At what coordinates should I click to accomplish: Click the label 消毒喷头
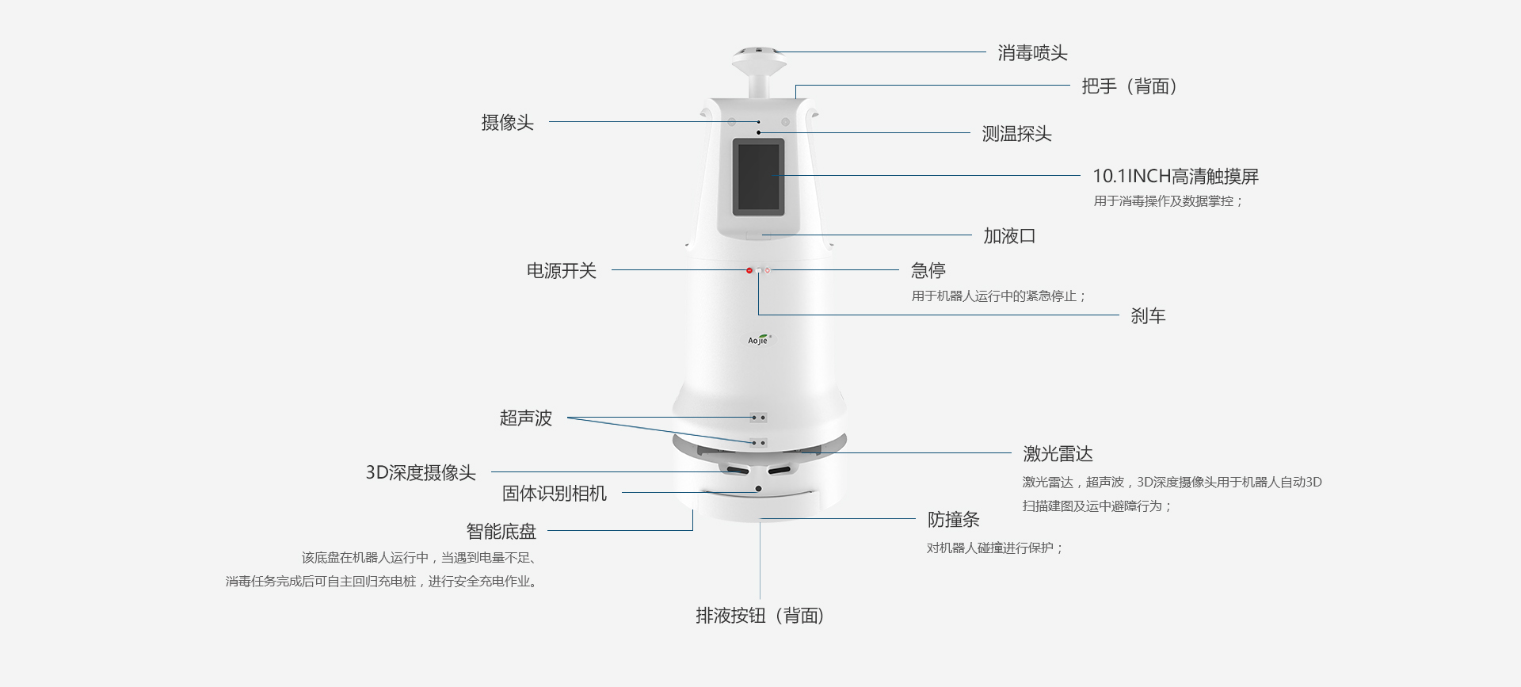[x=1032, y=53]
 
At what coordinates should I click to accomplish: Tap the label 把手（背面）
[x=1130, y=86]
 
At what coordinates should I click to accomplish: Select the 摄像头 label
[x=507, y=123]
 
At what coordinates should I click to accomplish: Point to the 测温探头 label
[x=1016, y=134]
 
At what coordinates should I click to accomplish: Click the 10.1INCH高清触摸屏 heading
[x=1175, y=176]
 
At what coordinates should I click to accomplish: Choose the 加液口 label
[x=1009, y=236]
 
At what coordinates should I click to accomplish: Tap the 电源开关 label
[x=561, y=271]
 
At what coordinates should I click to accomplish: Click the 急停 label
[x=928, y=271]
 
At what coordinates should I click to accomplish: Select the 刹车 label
[x=1147, y=316]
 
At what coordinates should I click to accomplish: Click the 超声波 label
[x=525, y=418]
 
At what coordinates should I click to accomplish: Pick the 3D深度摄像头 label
[x=421, y=473]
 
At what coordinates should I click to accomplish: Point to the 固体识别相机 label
[x=554, y=494]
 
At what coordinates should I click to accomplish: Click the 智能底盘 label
[x=501, y=532]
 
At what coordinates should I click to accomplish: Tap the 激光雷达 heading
[x=1058, y=454]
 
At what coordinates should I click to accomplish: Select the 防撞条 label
[x=953, y=520]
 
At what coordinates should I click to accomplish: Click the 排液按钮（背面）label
[x=760, y=616]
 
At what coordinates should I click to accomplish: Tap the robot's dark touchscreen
[x=758, y=177]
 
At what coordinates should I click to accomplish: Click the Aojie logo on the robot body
[x=759, y=340]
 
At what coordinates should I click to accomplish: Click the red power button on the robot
[x=749, y=271]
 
